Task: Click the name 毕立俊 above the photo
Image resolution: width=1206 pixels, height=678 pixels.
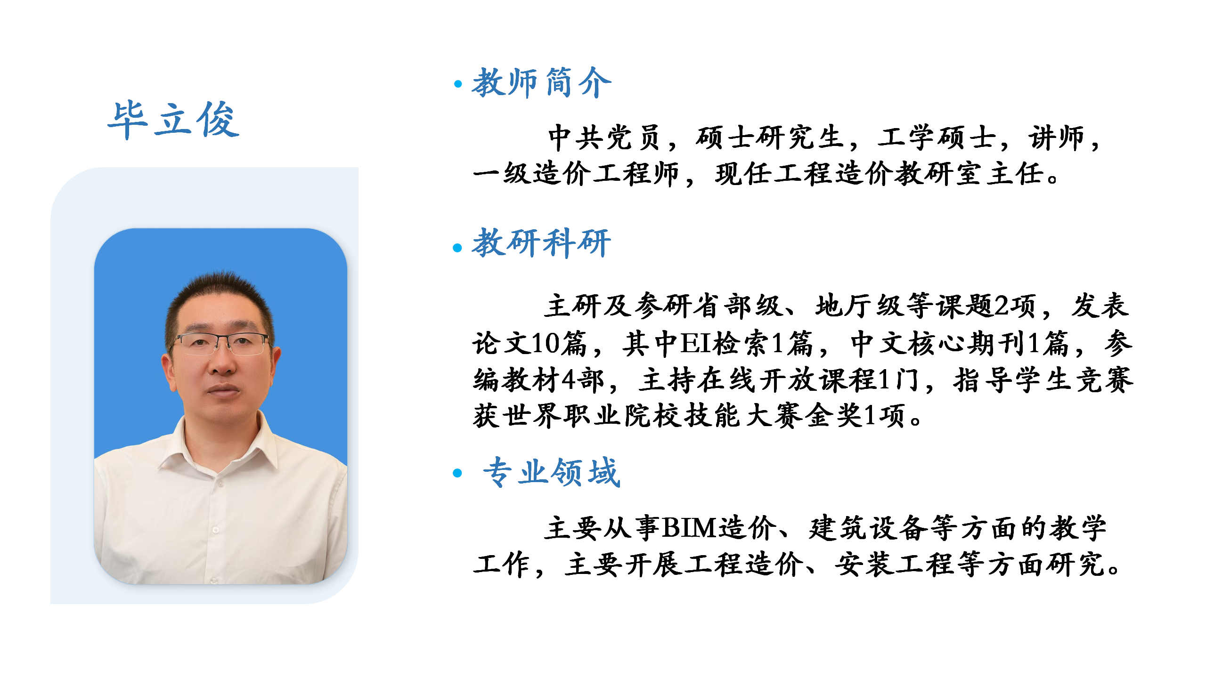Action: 173,120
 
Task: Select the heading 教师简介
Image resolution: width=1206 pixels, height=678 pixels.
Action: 542,83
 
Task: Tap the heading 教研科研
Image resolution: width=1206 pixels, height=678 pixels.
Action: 542,243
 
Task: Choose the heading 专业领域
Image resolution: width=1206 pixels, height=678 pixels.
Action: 552,472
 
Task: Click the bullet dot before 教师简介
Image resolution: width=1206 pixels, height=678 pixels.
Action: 457,84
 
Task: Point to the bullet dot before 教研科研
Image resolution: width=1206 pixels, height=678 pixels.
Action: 457,248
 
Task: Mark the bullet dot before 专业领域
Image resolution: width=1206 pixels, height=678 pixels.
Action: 457,473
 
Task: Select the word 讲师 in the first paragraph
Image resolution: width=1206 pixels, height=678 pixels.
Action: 1057,137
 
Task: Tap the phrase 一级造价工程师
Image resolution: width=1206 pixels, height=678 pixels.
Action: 576,174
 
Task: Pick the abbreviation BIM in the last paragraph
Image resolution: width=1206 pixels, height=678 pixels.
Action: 690,528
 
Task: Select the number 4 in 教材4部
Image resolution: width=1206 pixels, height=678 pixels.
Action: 569,379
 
